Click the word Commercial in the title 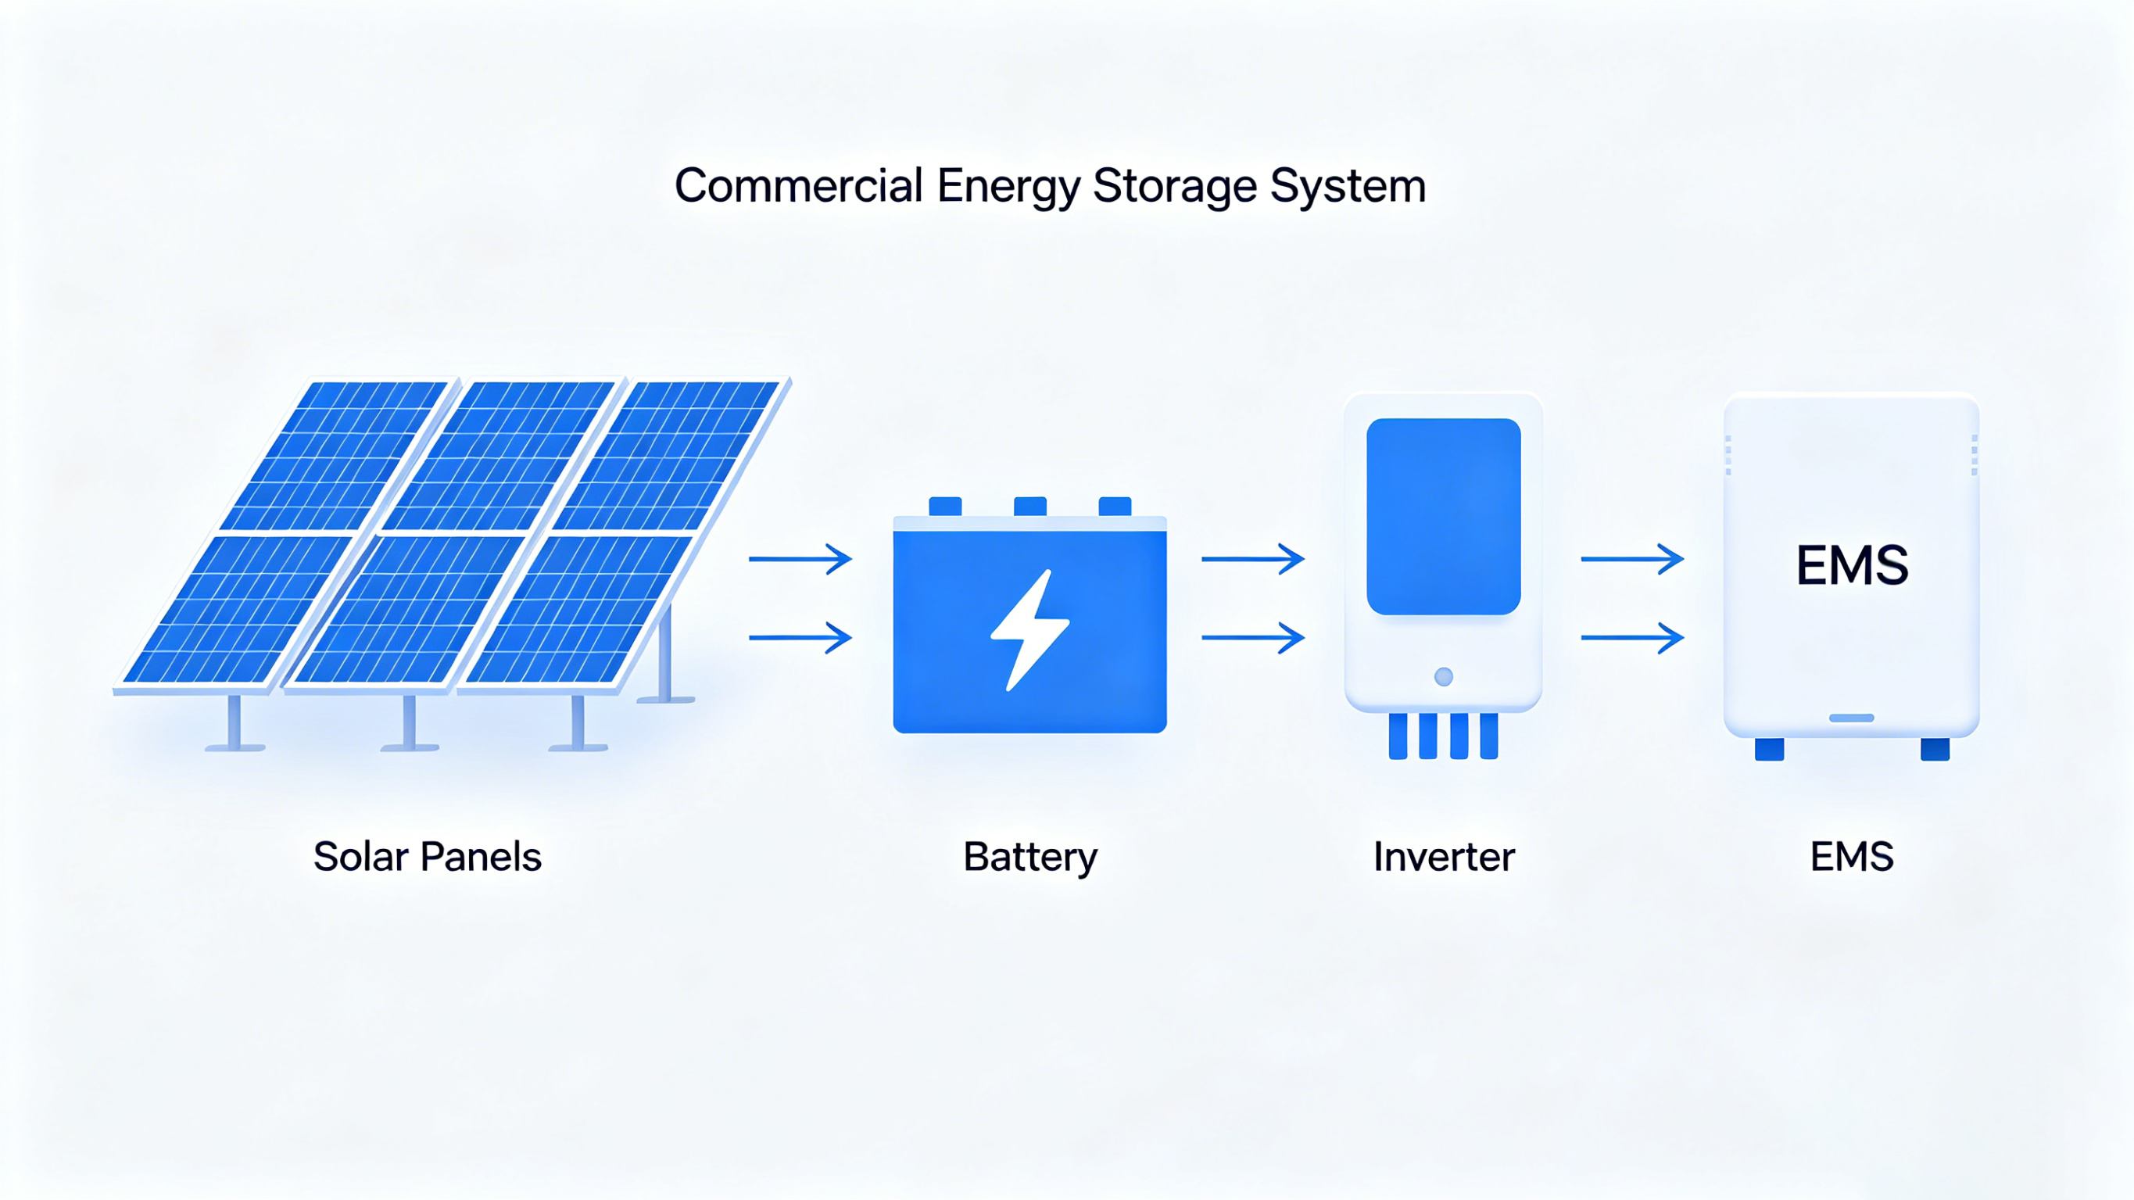coord(798,185)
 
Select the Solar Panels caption coord(427,857)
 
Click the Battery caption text coord(1029,857)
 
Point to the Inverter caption coord(1443,857)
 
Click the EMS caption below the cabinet coord(1852,857)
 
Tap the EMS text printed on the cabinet coord(1852,566)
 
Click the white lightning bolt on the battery coord(1029,630)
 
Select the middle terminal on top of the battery coord(1029,507)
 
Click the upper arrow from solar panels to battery coord(800,560)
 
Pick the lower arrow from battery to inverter coord(1252,637)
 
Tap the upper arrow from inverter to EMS coord(1632,560)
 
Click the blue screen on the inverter coord(1443,516)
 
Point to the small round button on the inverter coord(1443,677)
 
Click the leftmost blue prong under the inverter coord(1398,736)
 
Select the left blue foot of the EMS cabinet coord(1769,749)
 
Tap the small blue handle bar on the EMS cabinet coord(1852,718)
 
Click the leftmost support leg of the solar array coord(235,723)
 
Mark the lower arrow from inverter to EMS coord(1632,637)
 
